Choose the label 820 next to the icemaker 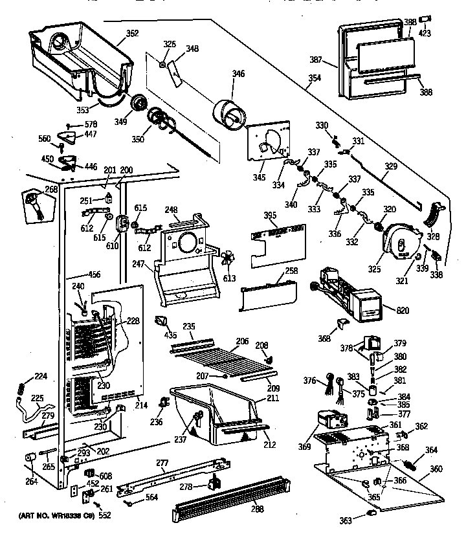click(x=403, y=311)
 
